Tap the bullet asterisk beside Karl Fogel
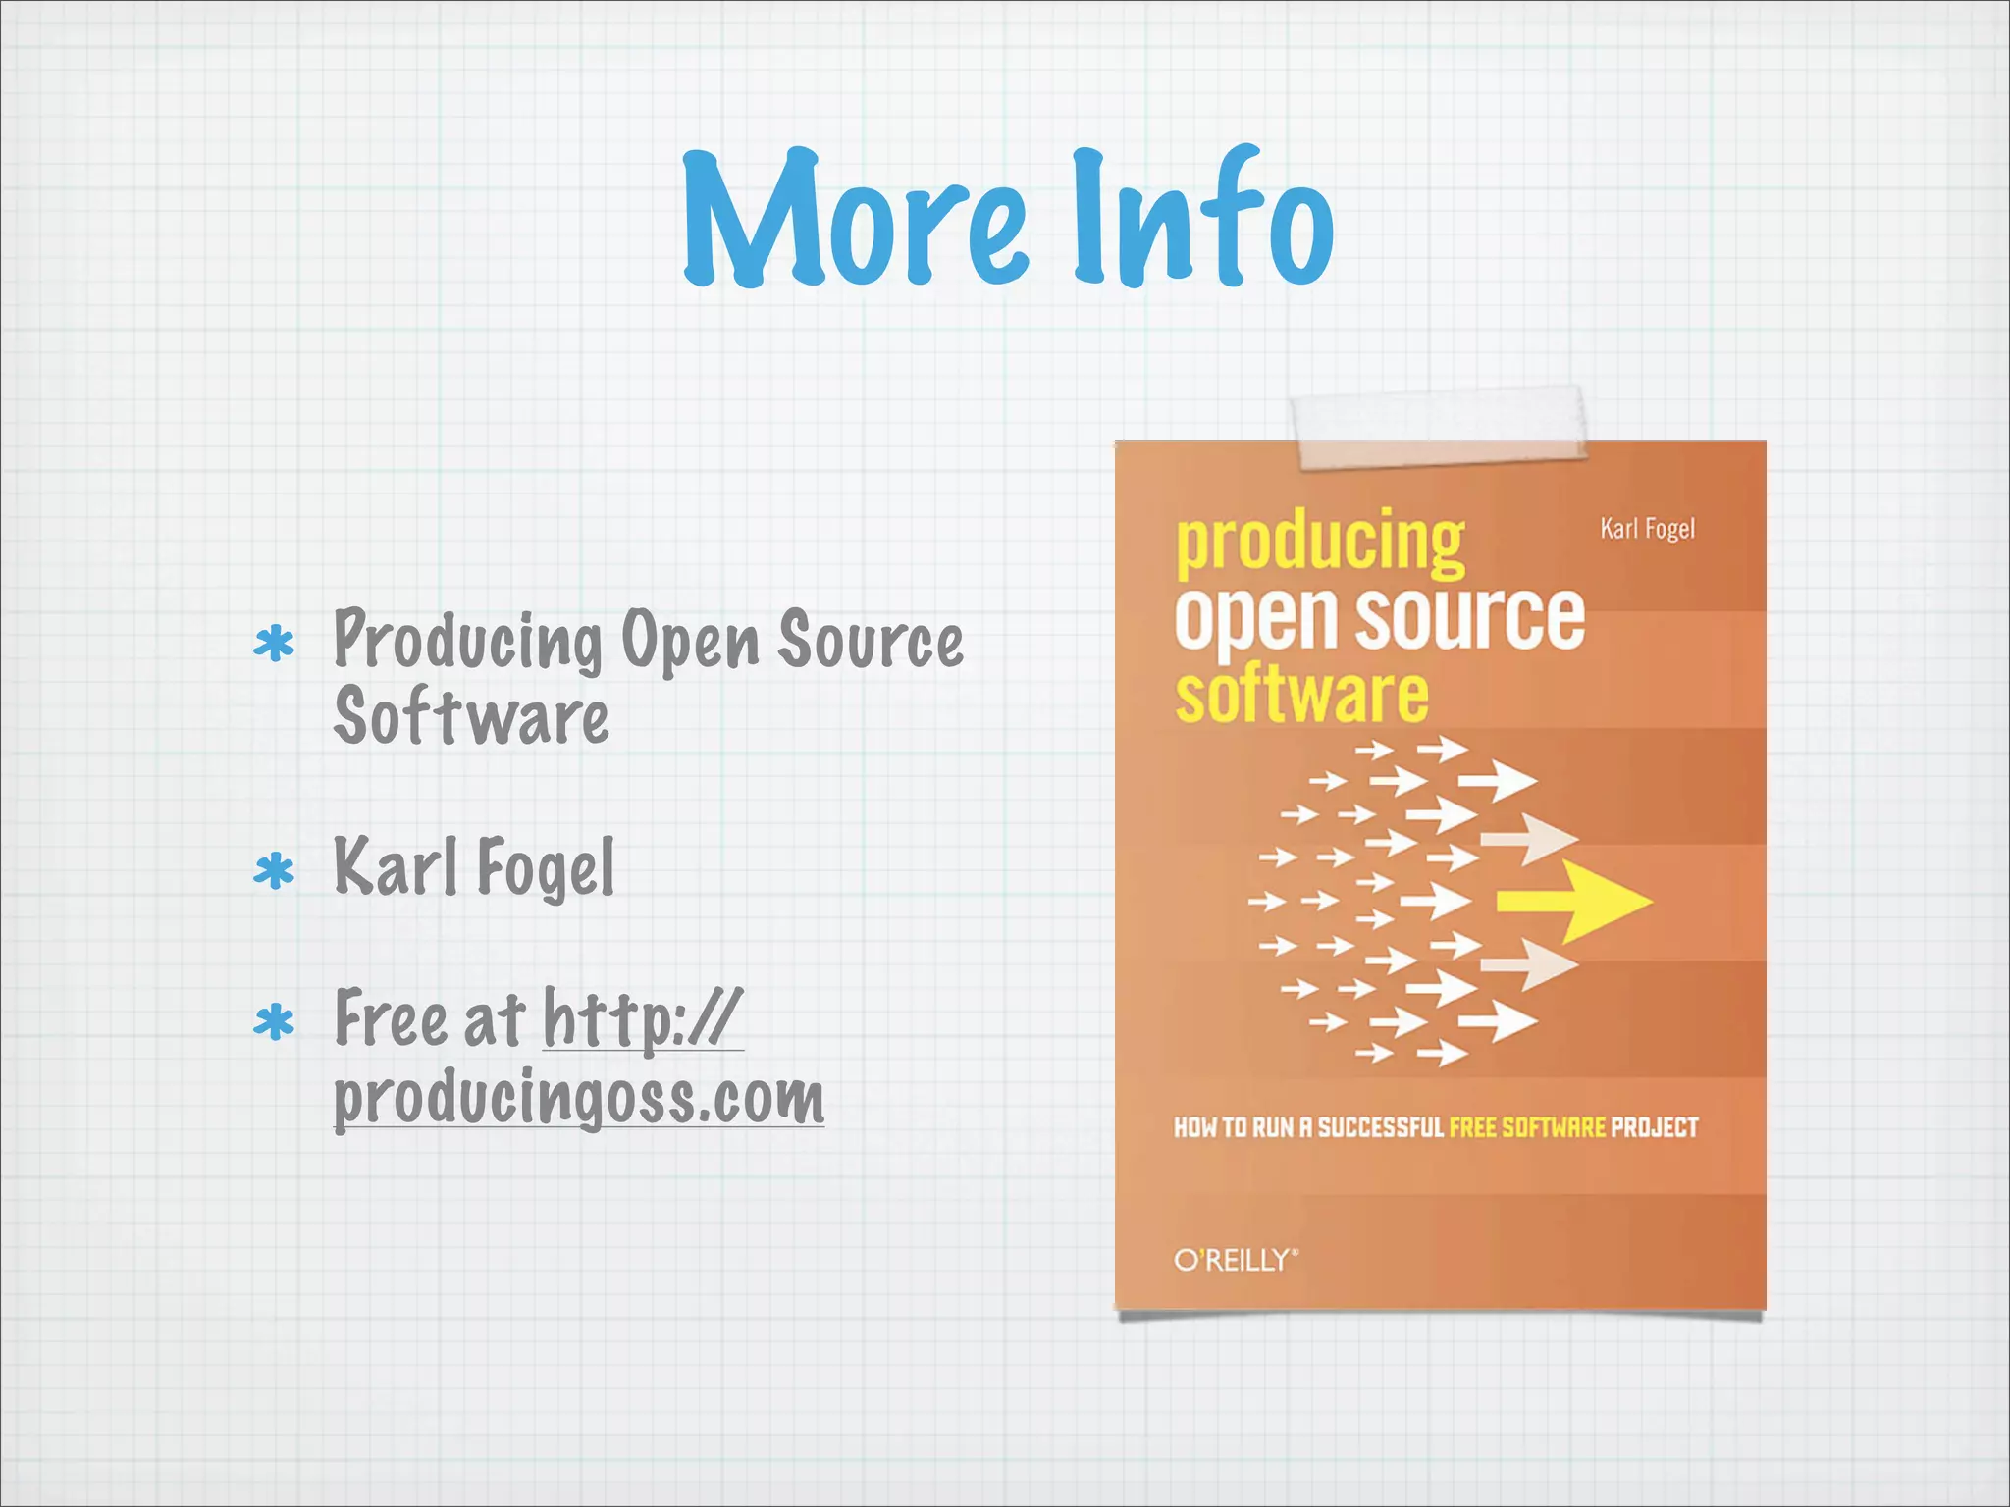click(274, 870)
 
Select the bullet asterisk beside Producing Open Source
click(274, 645)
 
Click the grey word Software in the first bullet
click(471, 717)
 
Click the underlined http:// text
click(643, 1019)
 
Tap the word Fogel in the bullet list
click(546, 868)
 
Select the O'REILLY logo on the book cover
click(1236, 1260)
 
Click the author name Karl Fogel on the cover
click(1647, 529)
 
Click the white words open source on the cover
click(1379, 618)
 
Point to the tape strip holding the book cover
click(1440, 428)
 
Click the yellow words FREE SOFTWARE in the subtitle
click(1527, 1127)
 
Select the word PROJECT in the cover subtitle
click(1655, 1127)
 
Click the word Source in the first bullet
click(871, 641)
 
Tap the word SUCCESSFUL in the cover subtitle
click(1380, 1127)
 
